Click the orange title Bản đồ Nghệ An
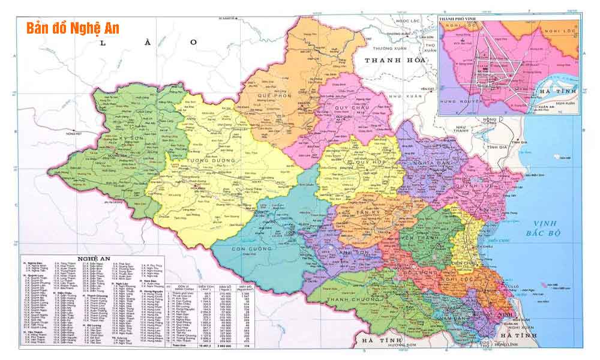(x=73, y=29)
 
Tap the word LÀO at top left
(x=148, y=42)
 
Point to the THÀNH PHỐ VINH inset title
(x=461, y=19)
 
